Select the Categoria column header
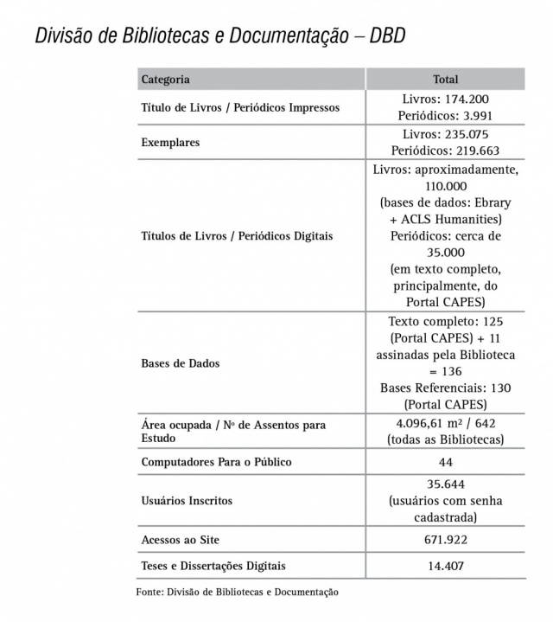(165, 80)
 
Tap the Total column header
(445, 80)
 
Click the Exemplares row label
(170, 142)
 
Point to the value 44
(445, 462)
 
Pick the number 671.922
(445, 540)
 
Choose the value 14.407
(445, 567)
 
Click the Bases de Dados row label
(180, 363)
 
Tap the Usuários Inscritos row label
(186, 501)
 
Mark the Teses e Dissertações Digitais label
(213, 567)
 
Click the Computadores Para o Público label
(216, 462)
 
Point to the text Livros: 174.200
(445, 99)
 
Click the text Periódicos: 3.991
(445, 116)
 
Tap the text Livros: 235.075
(445, 134)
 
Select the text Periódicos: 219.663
(445, 150)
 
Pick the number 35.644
(445, 484)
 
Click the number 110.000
(445, 186)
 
